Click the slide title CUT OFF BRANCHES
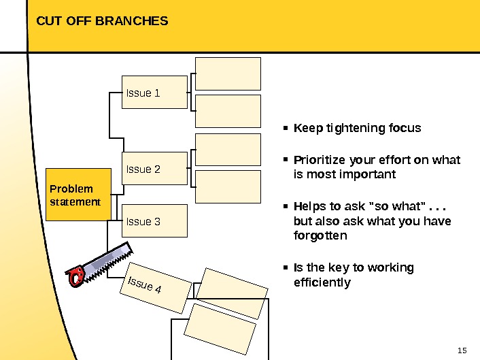click(102, 21)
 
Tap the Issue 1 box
click(155, 93)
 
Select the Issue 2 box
click(155, 168)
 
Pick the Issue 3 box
click(155, 221)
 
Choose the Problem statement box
click(78, 195)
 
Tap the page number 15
click(462, 350)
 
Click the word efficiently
click(322, 282)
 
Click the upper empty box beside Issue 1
click(228, 73)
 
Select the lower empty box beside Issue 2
click(228, 186)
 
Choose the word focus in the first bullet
click(406, 128)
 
